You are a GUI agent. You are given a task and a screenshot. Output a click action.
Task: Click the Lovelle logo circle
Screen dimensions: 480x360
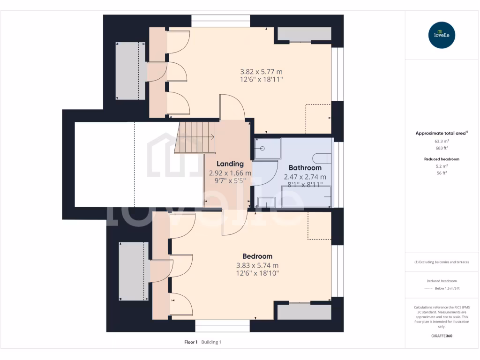pyautogui.click(x=442, y=35)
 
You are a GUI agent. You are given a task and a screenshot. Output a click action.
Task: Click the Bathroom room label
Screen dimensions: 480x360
pyautogui.click(x=305, y=167)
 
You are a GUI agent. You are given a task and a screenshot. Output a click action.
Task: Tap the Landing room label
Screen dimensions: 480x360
pyautogui.click(x=230, y=164)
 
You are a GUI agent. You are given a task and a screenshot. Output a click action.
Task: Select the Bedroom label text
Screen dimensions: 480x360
pyautogui.click(x=257, y=256)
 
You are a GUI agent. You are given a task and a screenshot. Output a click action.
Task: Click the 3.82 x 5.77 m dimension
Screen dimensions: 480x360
pyautogui.click(x=261, y=72)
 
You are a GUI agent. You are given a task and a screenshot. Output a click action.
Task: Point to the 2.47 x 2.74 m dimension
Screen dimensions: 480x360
pyautogui.click(x=305, y=177)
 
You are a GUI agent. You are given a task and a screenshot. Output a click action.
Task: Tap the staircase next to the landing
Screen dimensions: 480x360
pyautogui.click(x=195, y=137)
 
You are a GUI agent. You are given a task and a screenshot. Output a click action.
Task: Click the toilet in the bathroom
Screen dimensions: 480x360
pyautogui.click(x=324, y=158)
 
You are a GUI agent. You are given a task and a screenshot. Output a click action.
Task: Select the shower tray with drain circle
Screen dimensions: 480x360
pyautogui.click(x=267, y=149)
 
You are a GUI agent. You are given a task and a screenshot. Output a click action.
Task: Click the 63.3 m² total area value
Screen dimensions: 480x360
pyautogui.click(x=442, y=141)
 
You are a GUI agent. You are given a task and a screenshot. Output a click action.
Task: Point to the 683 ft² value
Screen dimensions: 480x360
pyautogui.click(x=442, y=148)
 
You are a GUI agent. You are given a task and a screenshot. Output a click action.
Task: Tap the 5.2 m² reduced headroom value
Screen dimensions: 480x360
pyautogui.click(x=442, y=166)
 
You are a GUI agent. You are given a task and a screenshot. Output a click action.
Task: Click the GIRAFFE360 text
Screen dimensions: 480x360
pyautogui.click(x=442, y=336)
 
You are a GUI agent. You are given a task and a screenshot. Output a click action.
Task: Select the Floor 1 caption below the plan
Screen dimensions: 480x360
pyautogui.click(x=191, y=342)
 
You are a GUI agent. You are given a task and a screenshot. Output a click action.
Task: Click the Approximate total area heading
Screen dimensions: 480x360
pyautogui.click(x=441, y=133)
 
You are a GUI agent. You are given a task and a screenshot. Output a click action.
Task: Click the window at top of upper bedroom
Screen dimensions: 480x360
pyautogui.click(x=221, y=21)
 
